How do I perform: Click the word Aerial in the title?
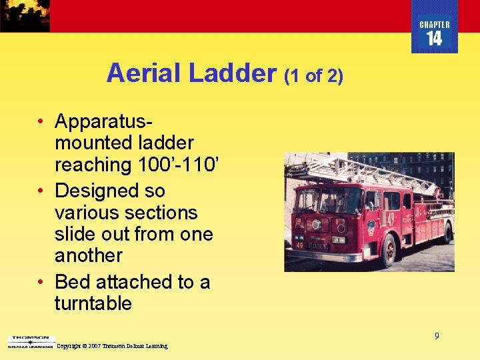pyautogui.click(x=144, y=73)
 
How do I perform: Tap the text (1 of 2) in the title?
pyautogui.click(x=313, y=76)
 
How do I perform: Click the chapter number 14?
pyautogui.click(x=434, y=39)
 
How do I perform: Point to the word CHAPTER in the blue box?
pyautogui.click(x=434, y=25)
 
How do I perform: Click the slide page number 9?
pyautogui.click(x=437, y=336)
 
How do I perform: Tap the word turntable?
pyautogui.click(x=93, y=304)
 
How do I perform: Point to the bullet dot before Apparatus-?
pyautogui.click(x=41, y=122)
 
